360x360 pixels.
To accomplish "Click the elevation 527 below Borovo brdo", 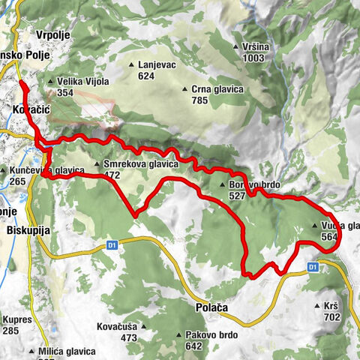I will [238, 195].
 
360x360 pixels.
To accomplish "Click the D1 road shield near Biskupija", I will [112, 244].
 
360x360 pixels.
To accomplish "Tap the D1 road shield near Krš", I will [313, 266].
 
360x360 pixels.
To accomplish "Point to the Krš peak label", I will [331, 306].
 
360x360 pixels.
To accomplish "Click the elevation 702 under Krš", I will [331, 317].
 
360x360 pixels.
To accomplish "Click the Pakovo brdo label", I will [199, 335].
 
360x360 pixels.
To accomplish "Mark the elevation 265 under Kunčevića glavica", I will [18, 181].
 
